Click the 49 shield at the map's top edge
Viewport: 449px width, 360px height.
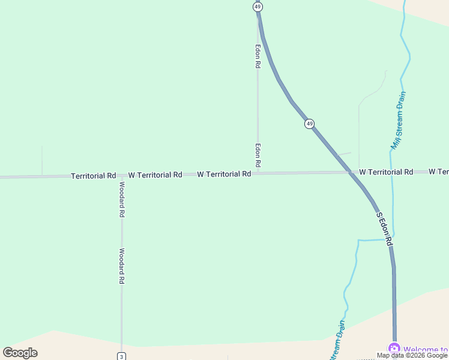click(258, 7)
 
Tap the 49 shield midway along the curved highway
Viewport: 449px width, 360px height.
click(309, 124)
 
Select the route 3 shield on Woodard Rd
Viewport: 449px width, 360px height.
click(121, 356)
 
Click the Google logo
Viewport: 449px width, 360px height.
click(20, 353)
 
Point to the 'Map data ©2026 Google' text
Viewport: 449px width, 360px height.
click(412, 355)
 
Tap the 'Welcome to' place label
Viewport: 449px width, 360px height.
click(426, 349)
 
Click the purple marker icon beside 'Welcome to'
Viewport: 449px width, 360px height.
click(394, 349)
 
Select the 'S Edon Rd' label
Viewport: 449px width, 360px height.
click(384, 229)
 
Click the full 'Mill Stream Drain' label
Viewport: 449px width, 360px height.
click(399, 120)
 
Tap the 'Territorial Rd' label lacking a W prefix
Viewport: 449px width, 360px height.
click(93, 176)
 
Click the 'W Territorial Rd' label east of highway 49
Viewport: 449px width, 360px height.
click(386, 172)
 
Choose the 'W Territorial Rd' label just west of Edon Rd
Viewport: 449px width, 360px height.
click(224, 174)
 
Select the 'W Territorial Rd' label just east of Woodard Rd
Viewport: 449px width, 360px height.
click(155, 175)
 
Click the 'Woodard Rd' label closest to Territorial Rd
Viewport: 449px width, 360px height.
click(121, 199)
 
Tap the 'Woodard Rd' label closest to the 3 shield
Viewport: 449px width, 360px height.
click(121, 266)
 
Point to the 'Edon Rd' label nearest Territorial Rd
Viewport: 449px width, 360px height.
click(258, 155)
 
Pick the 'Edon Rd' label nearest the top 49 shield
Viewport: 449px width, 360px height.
click(258, 56)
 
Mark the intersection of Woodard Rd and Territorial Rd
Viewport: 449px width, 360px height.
click(121, 176)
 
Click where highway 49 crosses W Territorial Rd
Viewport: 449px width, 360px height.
click(351, 173)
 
